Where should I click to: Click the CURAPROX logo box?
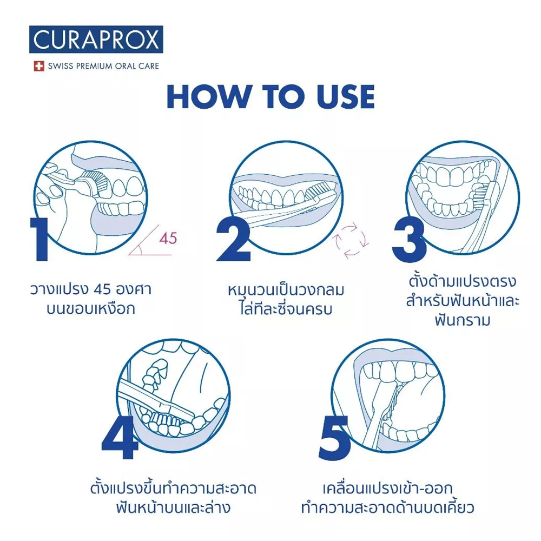point(96,39)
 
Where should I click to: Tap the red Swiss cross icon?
point(39,66)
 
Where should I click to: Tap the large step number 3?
point(409,239)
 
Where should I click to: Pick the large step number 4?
point(120,437)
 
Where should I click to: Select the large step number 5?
point(334,438)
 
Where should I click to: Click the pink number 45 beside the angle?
point(168,238)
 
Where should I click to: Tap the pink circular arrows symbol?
point(350,241)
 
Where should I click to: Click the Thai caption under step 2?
point(286,300)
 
